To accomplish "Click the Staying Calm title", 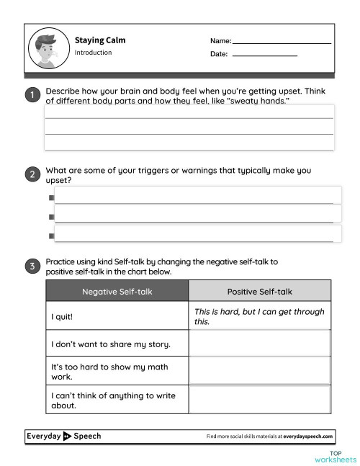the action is [x=100, y=40].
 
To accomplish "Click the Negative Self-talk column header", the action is [x=117, y=291].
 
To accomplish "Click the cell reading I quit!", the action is [x=117, y=316].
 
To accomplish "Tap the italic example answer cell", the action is [x=259, y=316].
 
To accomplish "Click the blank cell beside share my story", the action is [x=259, y=344].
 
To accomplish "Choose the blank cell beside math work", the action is [x=259, y=371].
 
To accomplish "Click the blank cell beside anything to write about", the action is [x=259, y=400].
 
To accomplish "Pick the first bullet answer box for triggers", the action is [x=197, y=195].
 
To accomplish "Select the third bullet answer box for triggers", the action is [x=197, y=233].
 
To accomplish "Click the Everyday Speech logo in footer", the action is [x=64, y=436].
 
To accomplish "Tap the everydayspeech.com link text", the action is [x=308, y=436].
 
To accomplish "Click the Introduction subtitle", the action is [x=93, y=53].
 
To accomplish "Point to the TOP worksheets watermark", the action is [x=335, y=457].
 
